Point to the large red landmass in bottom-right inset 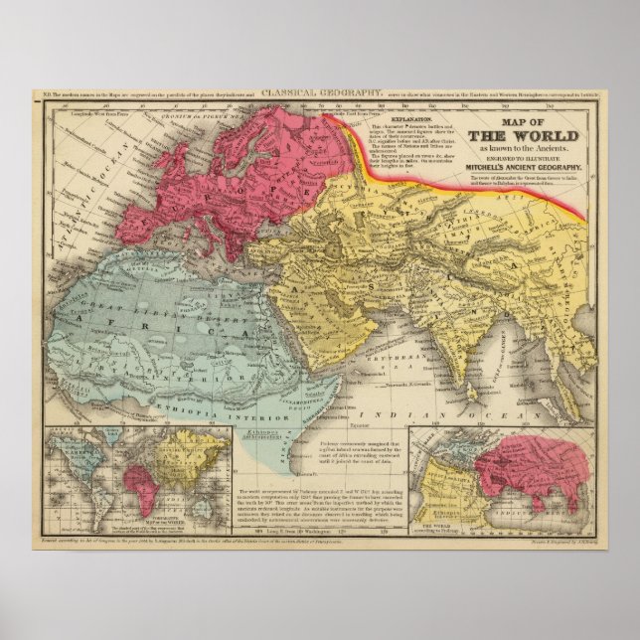527,467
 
